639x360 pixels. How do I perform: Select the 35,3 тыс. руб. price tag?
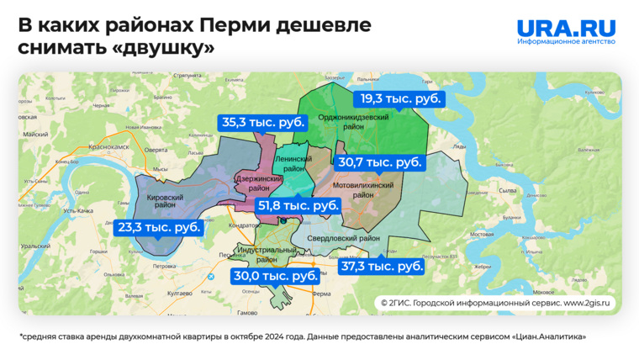[262, 122]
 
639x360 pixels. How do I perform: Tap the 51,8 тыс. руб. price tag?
[298, 205]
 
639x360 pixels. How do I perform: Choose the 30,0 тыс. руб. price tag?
[276, 276]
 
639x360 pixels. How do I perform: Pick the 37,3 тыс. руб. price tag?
[381, 267]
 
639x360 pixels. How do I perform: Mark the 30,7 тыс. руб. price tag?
[380, 162]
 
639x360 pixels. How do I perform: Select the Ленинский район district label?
[293, 163]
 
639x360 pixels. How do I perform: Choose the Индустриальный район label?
[266, 255]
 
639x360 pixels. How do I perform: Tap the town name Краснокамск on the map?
[103, 146]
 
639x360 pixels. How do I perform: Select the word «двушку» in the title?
[163, 49]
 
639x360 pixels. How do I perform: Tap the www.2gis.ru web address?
[588, 302]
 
